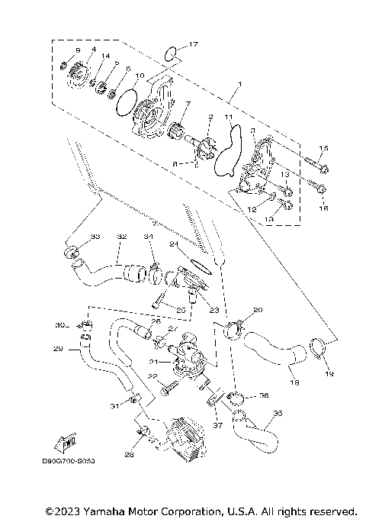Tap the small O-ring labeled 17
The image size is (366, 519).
[173, 53]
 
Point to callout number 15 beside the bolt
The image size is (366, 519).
[323, 148]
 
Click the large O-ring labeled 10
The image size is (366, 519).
[128, 102]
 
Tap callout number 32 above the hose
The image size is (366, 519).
[121, 237]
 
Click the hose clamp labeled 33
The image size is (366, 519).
[72, 251]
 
